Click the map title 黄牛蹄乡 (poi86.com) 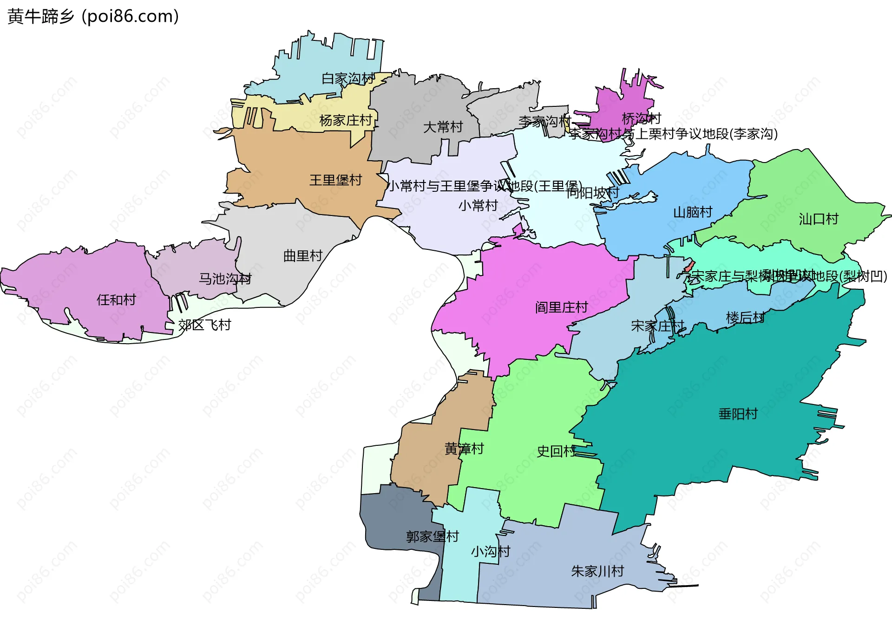(93, 16)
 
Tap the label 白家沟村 (348, 78)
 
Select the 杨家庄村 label (346, 120)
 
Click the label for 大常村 (443, 127)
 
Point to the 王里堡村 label (335, 180)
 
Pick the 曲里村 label (303, 255)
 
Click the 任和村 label (116, 300)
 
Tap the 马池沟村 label (225, 279)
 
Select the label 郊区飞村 (204, 325)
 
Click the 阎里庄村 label (561, 307)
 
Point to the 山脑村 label (693, 212)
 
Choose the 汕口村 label (819, 219)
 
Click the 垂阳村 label (738, 413)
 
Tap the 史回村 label (556, 451)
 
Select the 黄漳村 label (464, 449)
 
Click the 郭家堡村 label (432, 536)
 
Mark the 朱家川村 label (597, 571)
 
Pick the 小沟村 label (491, 551)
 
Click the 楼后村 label (745, 318)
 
